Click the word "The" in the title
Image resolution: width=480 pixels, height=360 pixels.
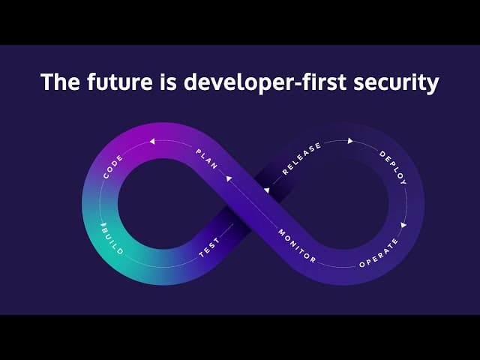tap(60, 82)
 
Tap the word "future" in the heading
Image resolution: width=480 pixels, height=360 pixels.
tap(119, 82)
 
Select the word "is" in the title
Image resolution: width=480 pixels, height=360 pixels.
tap(168, 82)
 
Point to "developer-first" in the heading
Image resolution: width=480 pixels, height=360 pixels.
tap(265, 82)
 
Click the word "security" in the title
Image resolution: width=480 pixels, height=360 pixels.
tap(396, 83)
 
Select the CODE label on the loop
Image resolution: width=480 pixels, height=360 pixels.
tap(113, 166)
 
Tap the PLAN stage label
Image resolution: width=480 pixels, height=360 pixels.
tap(207, 159)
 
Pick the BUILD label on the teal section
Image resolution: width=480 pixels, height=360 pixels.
tap(113, 239)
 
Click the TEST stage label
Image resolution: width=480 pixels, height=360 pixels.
tap(209, 247)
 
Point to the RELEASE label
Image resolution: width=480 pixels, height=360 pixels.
tap(301, 158)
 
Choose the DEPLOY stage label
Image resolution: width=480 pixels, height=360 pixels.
tap(393, 168)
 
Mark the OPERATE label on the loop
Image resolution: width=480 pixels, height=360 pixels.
tap(379, 253)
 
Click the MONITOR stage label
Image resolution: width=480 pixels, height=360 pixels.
tap(297, 247)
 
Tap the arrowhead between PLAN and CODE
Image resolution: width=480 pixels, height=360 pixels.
tap(152, 142)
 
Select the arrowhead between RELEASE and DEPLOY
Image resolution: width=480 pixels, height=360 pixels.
tap(350, 141)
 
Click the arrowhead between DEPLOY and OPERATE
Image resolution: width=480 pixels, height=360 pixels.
tap(403, 225)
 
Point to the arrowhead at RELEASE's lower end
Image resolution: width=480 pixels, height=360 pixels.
tap(267, 190)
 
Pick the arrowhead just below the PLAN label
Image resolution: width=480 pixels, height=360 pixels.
tap(229, 178)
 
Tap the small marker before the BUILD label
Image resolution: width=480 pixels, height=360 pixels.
tap(103, 225)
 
